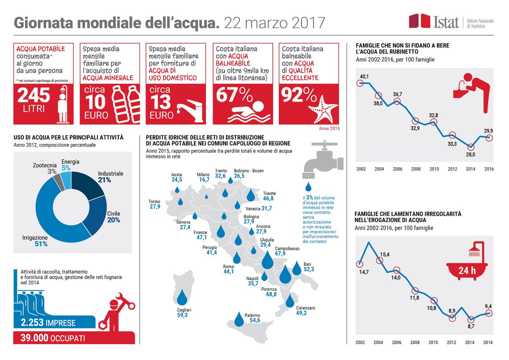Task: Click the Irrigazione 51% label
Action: [x=35, y=241]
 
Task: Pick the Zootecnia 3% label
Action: [x=44, y=168]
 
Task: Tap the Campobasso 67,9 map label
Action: [x=287, y=251]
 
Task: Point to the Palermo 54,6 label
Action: [x=252, y=318]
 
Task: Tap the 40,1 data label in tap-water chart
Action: [x=364, y=76]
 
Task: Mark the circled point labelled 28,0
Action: [x=470, y=146]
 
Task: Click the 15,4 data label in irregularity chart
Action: [x=384, y=254]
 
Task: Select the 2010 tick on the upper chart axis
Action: [x=433, y=169]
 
